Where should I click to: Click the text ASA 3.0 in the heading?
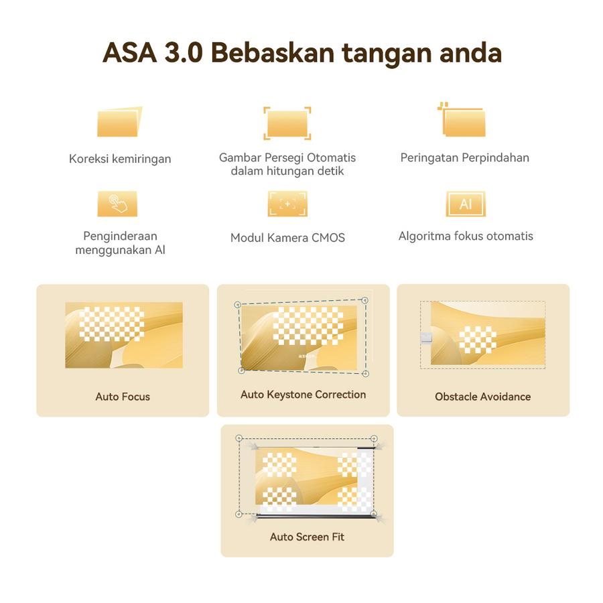pos(153,52)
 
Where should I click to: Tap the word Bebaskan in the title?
pos(273,52)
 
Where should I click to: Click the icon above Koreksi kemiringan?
pos(120,121)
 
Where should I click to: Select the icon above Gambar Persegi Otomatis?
pos(287,123)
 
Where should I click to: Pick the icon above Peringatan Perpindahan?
pos(462,119)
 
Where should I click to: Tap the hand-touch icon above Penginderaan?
pos(117,204)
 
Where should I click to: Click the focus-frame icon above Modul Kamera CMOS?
pos(287,204)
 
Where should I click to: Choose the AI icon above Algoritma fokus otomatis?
pos(466,204)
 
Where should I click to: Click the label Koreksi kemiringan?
pos(120,159)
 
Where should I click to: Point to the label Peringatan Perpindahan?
pos(465,157)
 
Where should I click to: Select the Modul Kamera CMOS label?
pos(287,238)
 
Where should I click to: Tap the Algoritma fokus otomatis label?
pos(466,236)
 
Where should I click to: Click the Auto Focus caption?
pos(123,397)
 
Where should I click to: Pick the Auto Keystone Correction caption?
pos(303,395)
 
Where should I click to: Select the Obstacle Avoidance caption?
pos(483,397)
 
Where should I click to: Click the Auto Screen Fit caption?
pos(307,537)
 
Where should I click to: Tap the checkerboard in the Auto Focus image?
pos(111,324)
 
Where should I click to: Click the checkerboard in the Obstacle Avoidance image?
pos(478,340)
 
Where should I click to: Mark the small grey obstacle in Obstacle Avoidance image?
pos(426,338)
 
